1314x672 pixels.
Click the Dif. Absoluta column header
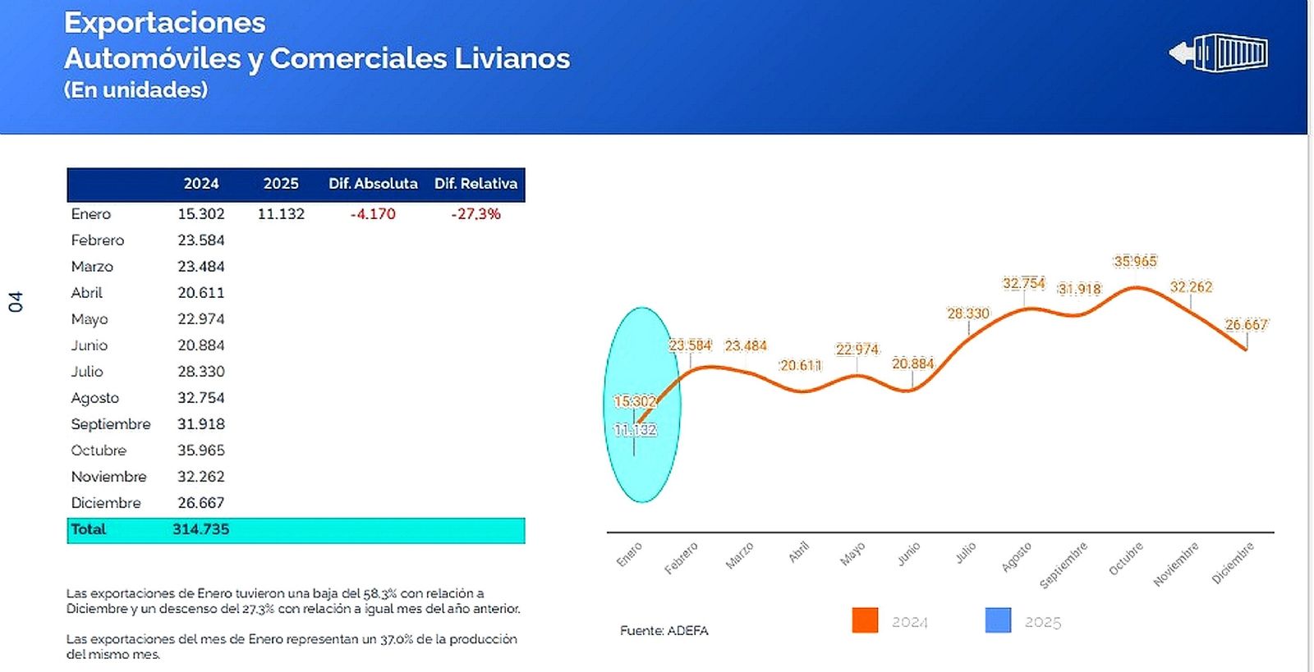tap(373, 184)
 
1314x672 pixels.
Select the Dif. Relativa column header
tap(476, 184)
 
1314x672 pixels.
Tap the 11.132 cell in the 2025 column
tap(281, 214)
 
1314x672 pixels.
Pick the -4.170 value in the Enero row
tap(373, 214)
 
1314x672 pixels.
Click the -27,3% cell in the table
tap(476, 214)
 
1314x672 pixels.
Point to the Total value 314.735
tap(200, 529)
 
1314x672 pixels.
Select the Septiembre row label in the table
tap(111, 424)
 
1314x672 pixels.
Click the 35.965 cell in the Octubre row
tap(200, 450)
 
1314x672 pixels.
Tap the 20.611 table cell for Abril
tap(200, 293)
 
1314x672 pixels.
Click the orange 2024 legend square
tap(865, 620)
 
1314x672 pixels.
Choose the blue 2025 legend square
tap(998, 620)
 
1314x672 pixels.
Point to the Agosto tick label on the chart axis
tap(1017, 557)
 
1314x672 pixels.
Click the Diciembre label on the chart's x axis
tap(1234, 562)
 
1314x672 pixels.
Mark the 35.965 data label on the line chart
tap(1135, 262)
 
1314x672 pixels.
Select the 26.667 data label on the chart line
tap(1246, 325)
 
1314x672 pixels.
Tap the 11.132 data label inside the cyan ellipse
tap(635, 430)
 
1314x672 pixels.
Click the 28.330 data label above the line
tap(968, 313)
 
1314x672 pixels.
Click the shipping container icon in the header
tap(1220, 53)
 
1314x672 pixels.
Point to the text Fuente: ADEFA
tap(664, 631)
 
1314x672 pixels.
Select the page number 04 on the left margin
tap(16, 302)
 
